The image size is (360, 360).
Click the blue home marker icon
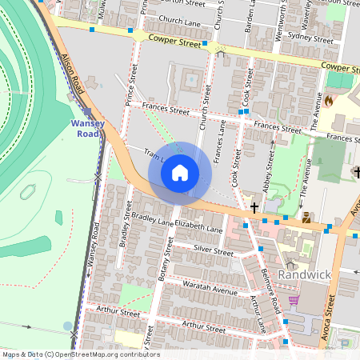pos(180,173)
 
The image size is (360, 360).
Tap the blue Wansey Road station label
pos(87,129)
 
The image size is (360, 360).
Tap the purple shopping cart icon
pos(294,300)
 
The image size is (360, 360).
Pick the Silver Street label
pos(213,251)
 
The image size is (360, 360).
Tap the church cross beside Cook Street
pos(254,208)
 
